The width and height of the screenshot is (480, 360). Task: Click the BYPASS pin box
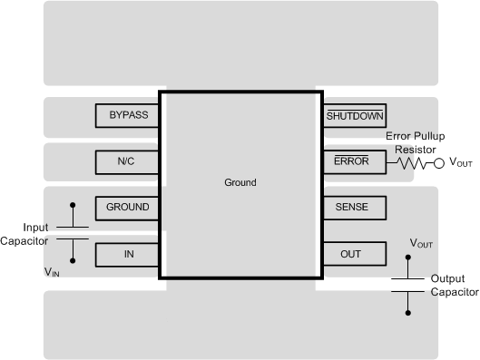point(127,116)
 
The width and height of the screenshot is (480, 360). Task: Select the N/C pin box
point(127,161)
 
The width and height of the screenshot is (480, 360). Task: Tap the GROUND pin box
point(127,208)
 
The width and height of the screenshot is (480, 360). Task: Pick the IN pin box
point(127,254)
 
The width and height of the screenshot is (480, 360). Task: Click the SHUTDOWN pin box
point(354,116)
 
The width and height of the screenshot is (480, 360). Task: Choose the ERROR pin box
point(354,161)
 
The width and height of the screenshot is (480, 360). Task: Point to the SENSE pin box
point(354,208)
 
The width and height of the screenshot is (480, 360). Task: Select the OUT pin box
point(354,254)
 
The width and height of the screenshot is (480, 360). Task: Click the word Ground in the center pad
point(240,182)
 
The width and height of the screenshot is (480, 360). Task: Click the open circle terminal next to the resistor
point(439,163)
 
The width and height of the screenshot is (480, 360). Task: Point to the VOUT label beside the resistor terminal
point(461,164)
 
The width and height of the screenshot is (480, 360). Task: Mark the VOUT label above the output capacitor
point(422,245)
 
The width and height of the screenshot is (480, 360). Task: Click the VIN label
point(54,271)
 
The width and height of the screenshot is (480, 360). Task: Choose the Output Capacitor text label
point(453,287)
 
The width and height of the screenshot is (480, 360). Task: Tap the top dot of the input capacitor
point(73,206)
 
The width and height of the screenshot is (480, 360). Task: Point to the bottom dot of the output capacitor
point(408,314)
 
